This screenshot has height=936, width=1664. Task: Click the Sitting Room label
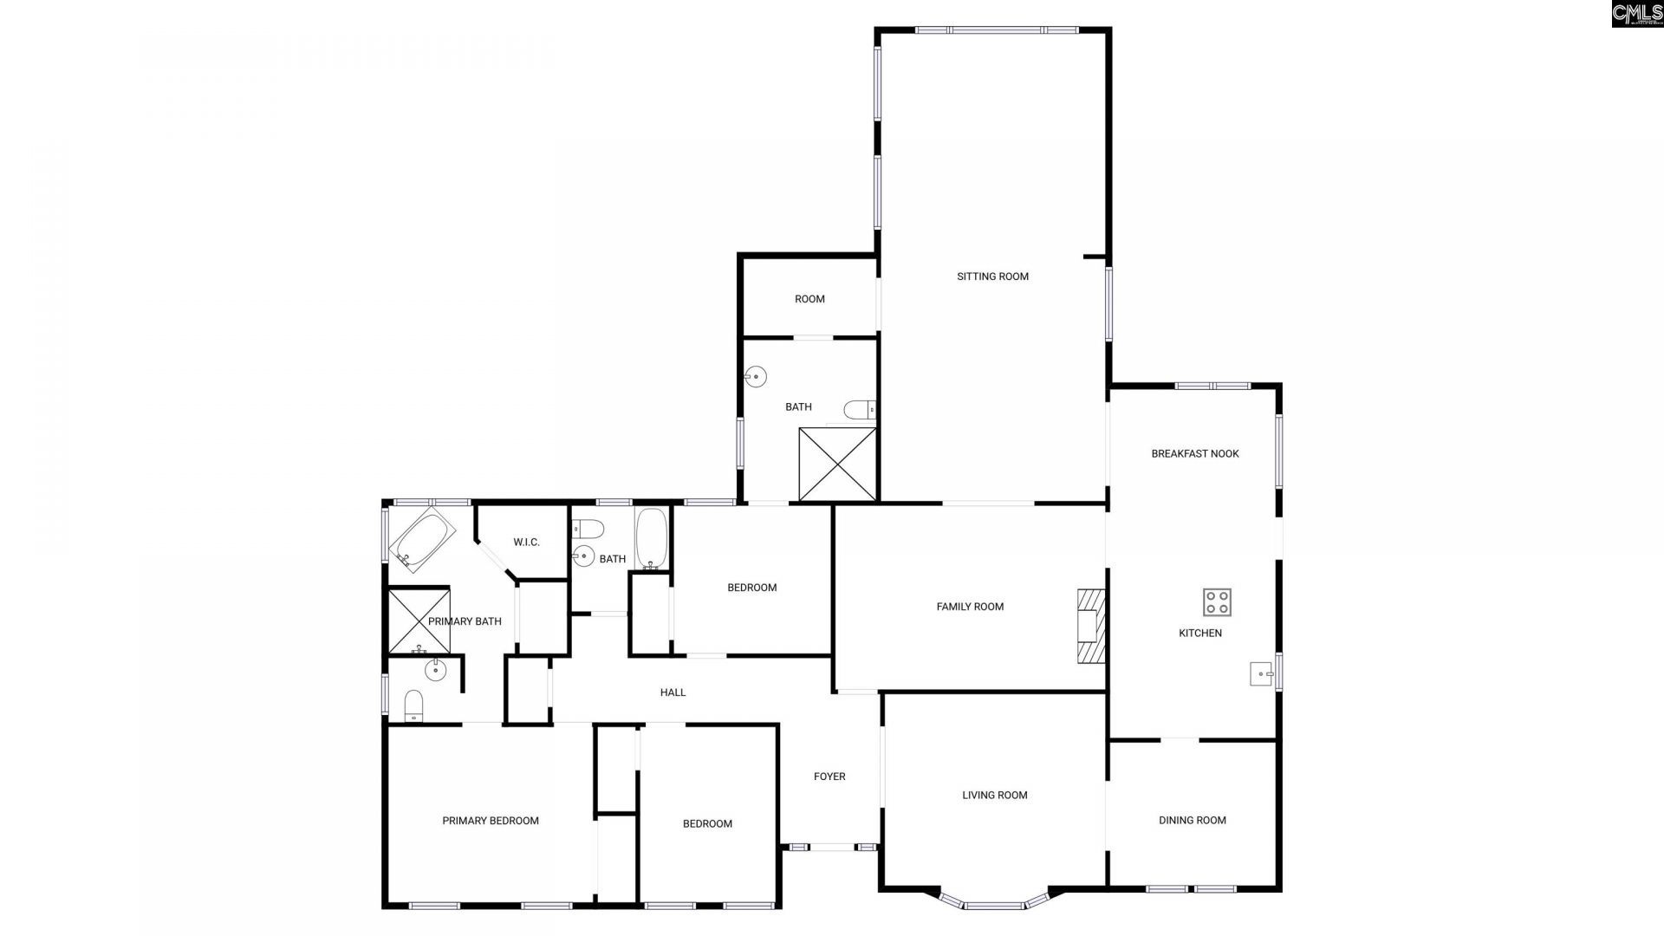[x=992, y=276]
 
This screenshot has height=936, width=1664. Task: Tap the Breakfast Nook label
[x=1194, y=453]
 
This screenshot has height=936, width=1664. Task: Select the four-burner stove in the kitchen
[x=1217, y=601]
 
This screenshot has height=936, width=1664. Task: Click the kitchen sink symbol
[x=1261, y=673]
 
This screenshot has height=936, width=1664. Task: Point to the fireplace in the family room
[x=1090, y=626]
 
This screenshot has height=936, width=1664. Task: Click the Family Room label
[x=970, y=607]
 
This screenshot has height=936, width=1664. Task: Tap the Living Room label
[x=994, y=795]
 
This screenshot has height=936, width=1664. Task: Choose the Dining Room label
[x=1192, y=820]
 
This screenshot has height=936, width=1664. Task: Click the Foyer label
[x=829, y=777]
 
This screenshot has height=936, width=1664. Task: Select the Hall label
[x=673, y=692]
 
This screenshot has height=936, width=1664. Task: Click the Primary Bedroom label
[x=491, y=821]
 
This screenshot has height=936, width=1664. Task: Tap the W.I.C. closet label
[x=526, y=543]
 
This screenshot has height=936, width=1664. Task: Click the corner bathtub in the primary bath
[x=422, y=540]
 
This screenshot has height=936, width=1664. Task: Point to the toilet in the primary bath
[x=413, y=705]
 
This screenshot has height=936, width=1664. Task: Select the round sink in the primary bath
[x=435, y=669]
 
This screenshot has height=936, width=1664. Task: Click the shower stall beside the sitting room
[x=837, y=464]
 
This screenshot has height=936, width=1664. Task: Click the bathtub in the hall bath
[x=651, y=538]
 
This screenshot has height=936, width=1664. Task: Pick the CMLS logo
[x=1636, y=14]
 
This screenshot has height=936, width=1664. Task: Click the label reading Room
[x=809, y=299]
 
